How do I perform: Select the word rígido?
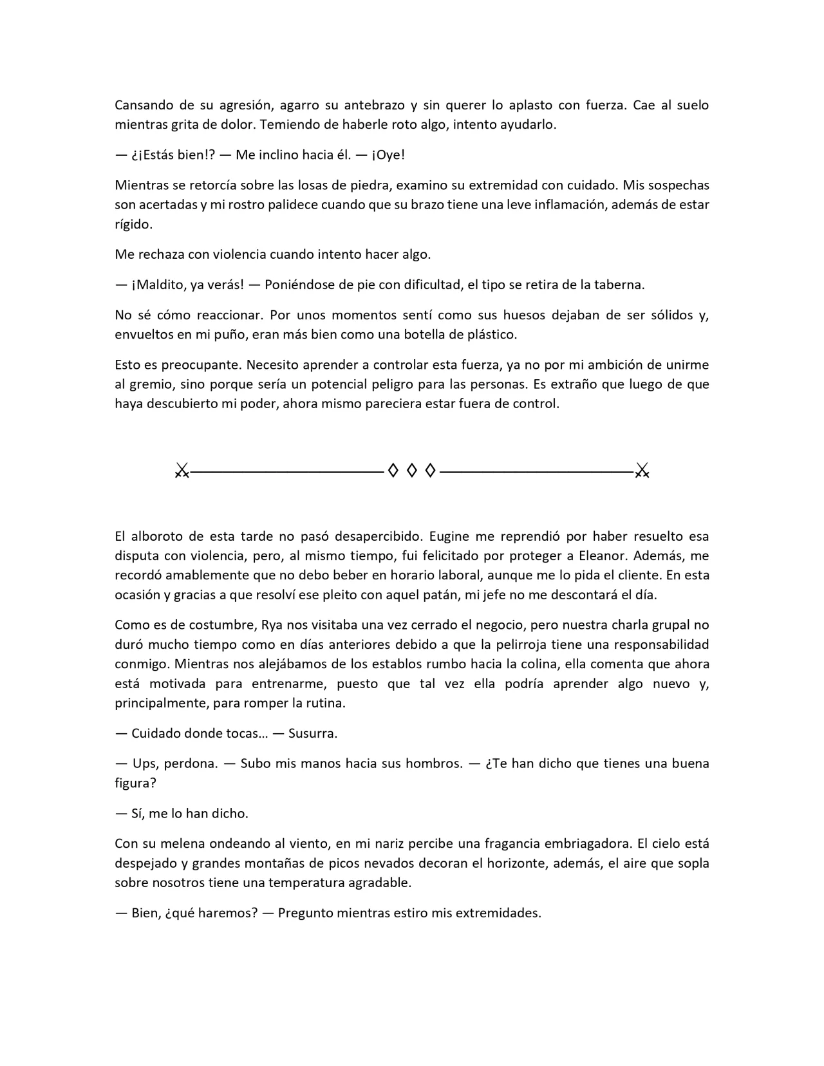pyautogui.click(x=133, y=225)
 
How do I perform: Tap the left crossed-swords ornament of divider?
pyautogui.click(x=182, y=471)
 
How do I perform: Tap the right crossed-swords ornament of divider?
pyautogui.click(x=642, y=471)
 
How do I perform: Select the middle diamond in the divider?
pyautogui.click(x=411, y=471)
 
